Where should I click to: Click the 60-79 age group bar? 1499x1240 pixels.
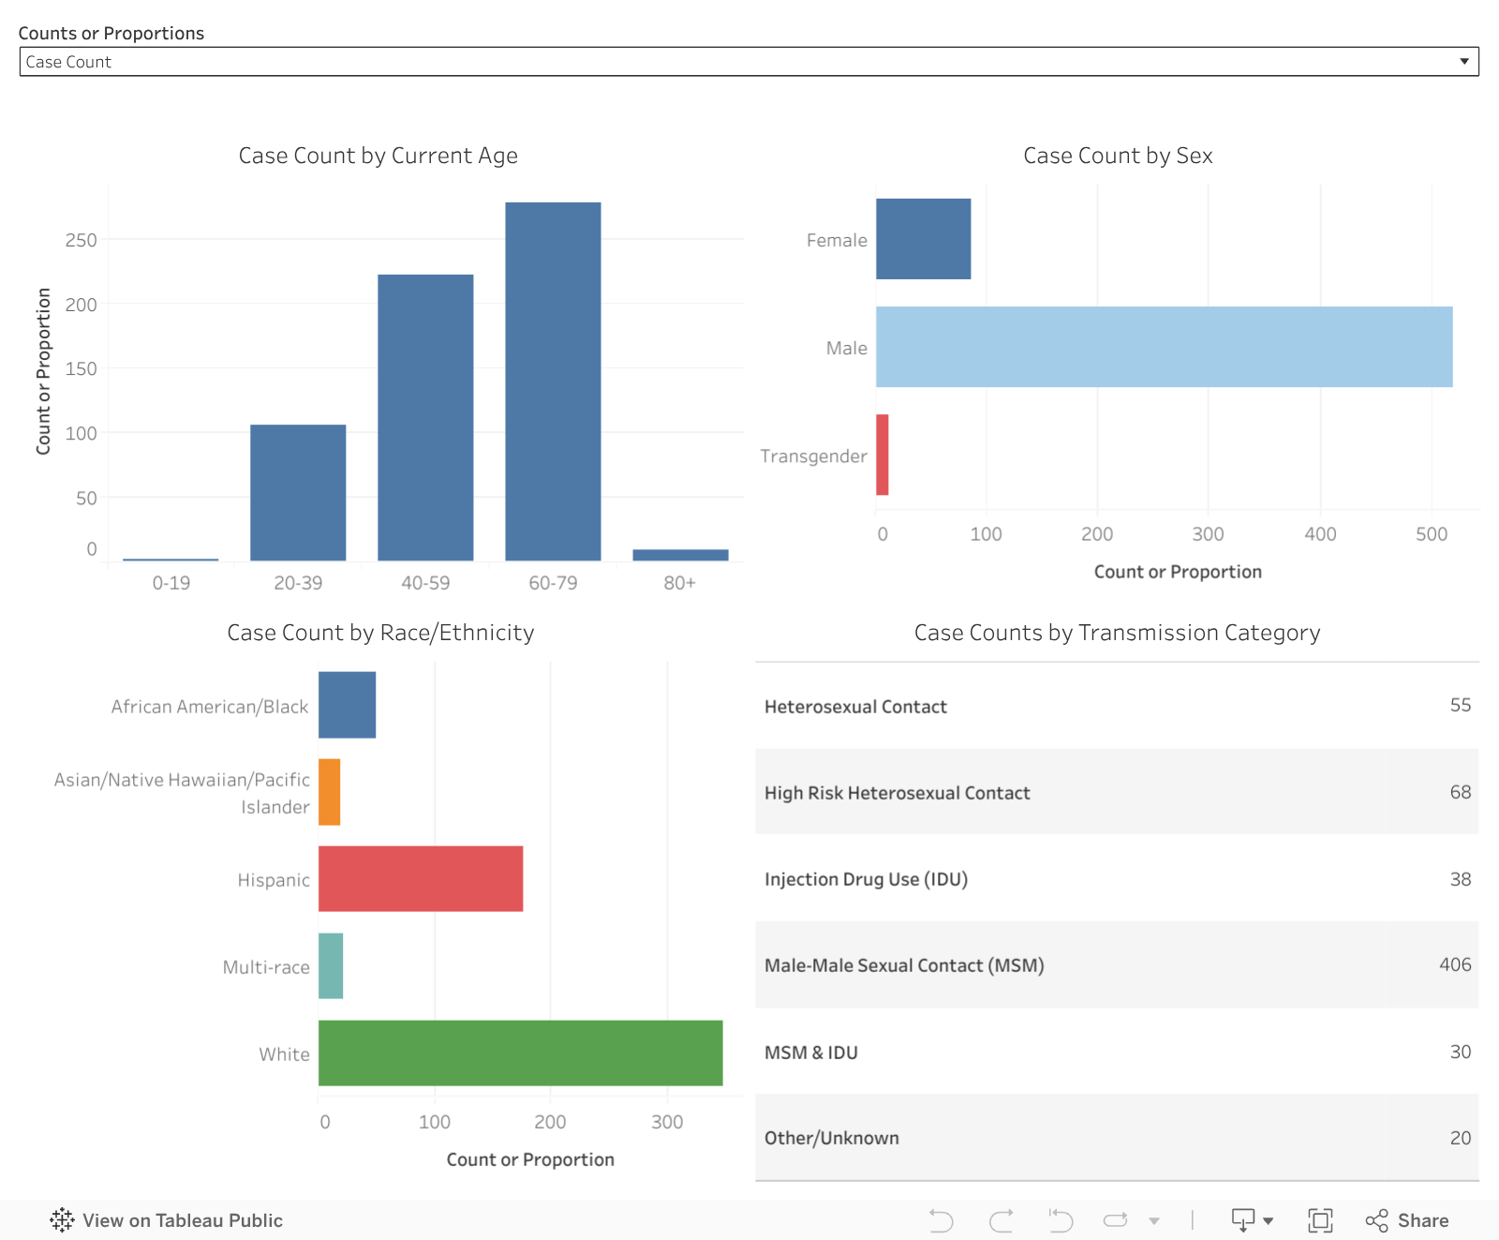coord(553,381)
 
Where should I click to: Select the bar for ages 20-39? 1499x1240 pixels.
coord(298,493)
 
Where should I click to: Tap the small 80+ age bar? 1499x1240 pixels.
coord(680,555)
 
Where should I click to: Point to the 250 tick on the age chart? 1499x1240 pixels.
coord(82,240)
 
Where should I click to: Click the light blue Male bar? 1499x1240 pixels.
coord(1164,347)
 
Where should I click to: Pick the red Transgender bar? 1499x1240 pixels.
coord(882,455)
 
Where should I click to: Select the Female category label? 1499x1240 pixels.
coord(837,240)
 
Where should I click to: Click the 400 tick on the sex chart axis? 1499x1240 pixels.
coord(1320,534)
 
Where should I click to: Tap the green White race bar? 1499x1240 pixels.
coord(520,1053)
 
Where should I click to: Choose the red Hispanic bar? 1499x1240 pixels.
coord(421,878)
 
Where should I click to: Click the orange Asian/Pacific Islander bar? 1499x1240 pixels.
coord(329,792)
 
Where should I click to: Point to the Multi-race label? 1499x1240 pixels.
coord(266,967)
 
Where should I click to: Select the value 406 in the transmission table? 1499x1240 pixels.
coord(1455,964)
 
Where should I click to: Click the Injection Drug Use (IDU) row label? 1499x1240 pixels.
coord(866,879)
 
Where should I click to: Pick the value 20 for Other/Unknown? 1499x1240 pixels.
coord(1460,1138)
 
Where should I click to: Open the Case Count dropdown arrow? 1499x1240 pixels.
coord(1463,62)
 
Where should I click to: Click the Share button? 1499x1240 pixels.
coord(1407,1220)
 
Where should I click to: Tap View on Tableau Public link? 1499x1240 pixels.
coord(167,1220)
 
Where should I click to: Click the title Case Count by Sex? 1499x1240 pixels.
coord(1118,156)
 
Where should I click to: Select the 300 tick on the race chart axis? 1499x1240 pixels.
coord(667,1122)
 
